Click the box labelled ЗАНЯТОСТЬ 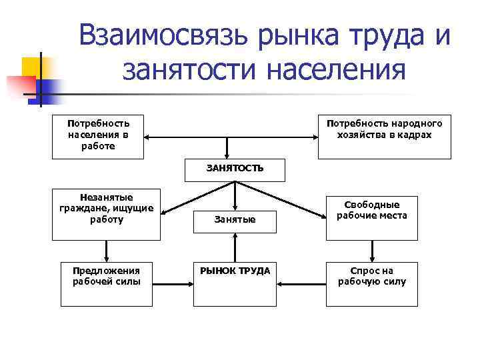[234, 169]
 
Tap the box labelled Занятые [235, 219]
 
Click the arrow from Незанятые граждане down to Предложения [106, 251]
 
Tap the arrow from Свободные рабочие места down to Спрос [371, 251]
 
